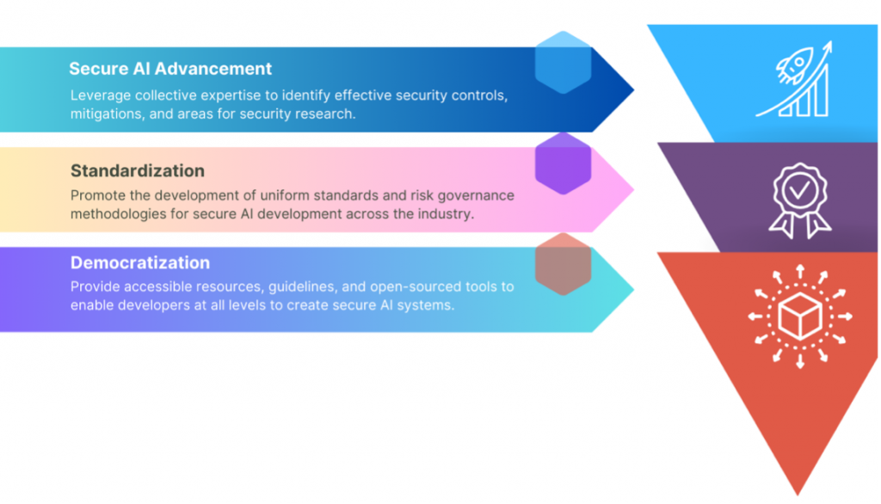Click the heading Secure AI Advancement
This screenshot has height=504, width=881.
[170, 69]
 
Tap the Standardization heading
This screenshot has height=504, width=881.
[138, 171]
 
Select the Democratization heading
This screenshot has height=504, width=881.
[140, 262]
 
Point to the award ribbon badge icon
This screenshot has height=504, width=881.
[799, 200]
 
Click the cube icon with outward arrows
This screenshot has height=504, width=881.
[799, 317]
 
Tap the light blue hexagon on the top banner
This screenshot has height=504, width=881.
[563, 63]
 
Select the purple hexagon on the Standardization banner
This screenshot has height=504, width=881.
[563, 163]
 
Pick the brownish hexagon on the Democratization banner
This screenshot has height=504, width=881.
[563, 264]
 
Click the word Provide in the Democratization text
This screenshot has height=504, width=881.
[95, 286]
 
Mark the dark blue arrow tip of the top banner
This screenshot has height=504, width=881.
[634, 89]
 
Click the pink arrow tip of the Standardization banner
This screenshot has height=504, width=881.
[634, 190]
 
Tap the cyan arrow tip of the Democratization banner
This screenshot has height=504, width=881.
[634, 289]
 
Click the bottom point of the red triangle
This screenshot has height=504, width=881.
[798, 495]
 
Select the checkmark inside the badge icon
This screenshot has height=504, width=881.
[800, 190]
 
